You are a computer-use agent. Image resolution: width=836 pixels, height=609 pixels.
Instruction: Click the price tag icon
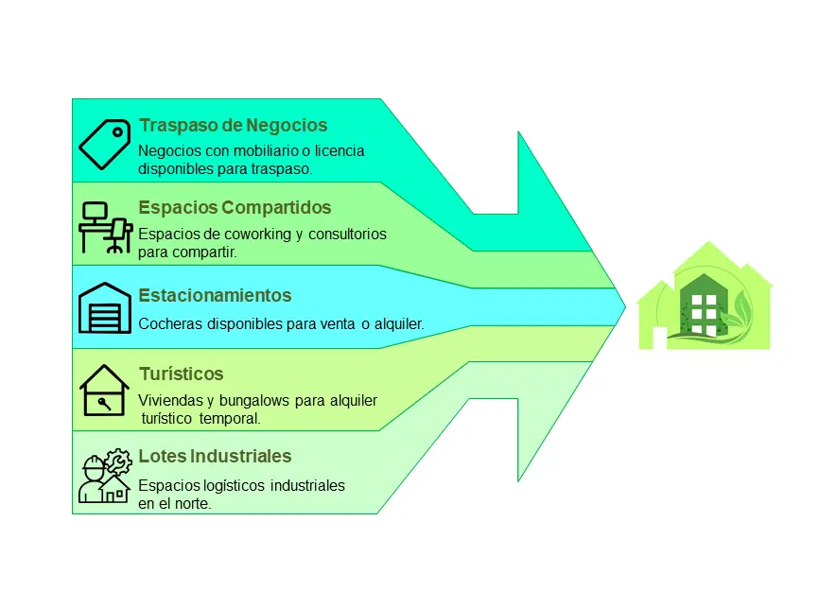[104, 144]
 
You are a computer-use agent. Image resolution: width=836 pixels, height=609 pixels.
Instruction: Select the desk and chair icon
[106, 228]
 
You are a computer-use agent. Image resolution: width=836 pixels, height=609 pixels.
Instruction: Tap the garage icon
[104, 308]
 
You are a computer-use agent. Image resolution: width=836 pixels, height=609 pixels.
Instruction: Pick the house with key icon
[104, 391]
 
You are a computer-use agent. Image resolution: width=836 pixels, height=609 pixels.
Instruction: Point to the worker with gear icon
[105, 476]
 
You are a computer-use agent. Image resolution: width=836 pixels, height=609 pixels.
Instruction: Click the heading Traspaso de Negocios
[233, 126]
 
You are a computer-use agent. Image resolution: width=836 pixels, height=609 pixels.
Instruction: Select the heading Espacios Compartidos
[235, 207]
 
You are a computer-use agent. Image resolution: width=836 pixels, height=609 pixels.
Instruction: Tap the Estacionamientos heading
[215, 295]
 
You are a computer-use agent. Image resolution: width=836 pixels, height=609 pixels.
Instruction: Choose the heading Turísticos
[181, 374]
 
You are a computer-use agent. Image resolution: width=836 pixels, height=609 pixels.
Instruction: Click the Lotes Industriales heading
[215, 457]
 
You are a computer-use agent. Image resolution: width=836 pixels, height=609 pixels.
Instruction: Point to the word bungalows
[254, 401]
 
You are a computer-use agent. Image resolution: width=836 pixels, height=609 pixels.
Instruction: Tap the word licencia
[340, 151]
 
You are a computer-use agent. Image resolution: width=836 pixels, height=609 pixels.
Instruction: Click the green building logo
[705, 296]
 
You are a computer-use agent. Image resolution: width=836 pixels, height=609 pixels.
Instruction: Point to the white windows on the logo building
[704, 315]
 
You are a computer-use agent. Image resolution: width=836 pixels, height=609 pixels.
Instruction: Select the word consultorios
[347, 235]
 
